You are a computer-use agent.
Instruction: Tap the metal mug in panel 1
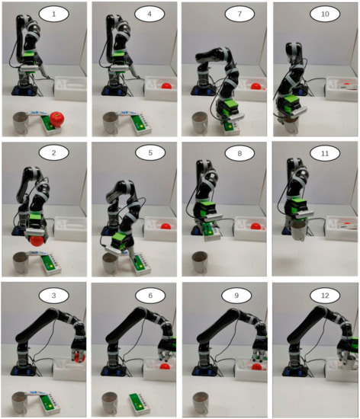pos(21,122)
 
